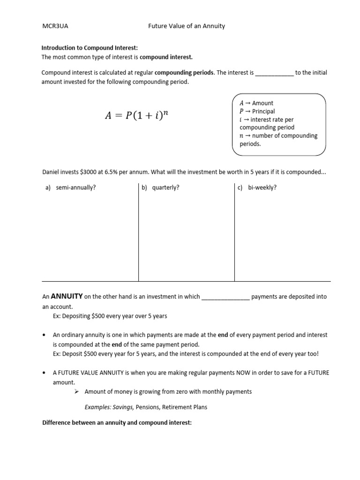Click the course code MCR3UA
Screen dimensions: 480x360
click(55, 26)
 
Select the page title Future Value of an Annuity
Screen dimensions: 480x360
click(187, 26)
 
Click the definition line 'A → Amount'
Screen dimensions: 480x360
click(256, 103)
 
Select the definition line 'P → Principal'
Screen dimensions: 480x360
click(257, 112)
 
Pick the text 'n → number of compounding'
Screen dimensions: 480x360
click(278, 136)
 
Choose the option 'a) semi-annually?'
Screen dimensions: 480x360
click(71, 187)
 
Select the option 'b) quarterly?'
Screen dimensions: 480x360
click(160, 187)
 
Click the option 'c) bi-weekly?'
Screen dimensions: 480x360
click(257, 187)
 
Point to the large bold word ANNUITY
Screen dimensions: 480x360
click(67, 296)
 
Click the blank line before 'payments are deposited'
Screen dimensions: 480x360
click(225, 297)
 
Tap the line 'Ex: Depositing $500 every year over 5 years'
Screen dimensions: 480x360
click(110, 316)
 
